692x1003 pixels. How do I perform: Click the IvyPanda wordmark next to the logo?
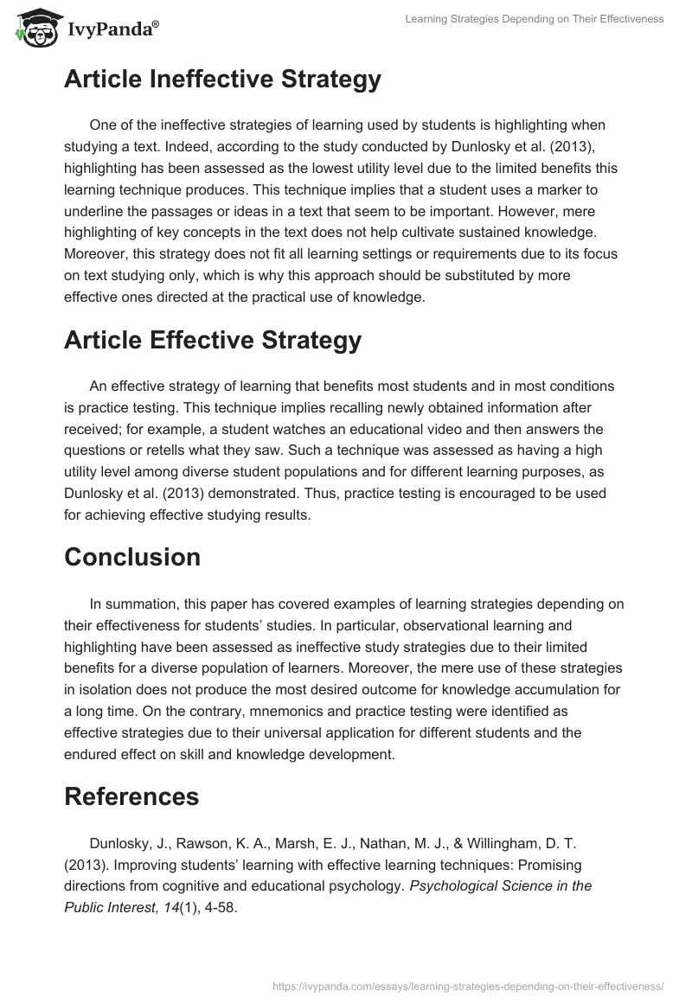(x=112, y=31)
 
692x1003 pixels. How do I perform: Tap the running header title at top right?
(x=534, y=19)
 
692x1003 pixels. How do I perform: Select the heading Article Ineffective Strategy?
(x=222, y=80)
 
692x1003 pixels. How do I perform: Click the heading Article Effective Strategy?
(x=212, y=341)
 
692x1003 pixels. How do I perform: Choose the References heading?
(x=131, y=795)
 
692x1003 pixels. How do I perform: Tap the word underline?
(x=95, y=212)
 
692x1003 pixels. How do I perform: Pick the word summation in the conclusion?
(x=158, y=604)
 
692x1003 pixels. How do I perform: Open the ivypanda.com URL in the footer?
(x=467, y=985)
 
